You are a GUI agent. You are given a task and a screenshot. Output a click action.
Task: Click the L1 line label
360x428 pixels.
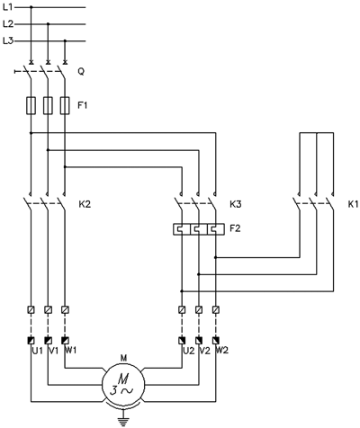[x=8, y=7]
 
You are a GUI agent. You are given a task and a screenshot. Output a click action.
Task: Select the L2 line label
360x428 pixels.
[x=8, y=23]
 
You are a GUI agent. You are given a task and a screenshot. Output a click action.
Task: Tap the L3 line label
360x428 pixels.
[x=8, y=40]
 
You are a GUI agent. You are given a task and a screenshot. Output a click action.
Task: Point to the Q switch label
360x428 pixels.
[x=81, y=72]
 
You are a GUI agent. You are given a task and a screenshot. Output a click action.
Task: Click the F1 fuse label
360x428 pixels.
[x=83, y=105]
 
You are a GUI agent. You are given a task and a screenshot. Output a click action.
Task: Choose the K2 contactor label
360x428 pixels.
[x=85, y=204]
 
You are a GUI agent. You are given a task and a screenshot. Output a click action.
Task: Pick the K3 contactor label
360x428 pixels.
[x=236, y=204]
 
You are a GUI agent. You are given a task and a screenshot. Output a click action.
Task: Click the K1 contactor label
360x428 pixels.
[x=353, y=204]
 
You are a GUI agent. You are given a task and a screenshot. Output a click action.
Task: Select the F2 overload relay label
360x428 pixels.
[x=235, y=228]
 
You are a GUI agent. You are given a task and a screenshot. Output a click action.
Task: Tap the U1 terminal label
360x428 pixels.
[x=38, y=351]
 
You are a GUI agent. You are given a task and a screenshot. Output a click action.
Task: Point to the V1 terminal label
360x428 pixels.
[x=53, y=351]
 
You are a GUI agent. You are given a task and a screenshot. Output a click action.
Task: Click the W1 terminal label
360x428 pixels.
[x=71, y=351]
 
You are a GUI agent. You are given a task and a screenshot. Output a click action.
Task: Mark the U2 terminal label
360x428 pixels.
[x=189, y=351]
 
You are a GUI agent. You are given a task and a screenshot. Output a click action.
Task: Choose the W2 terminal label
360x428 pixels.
[x=222, y=351]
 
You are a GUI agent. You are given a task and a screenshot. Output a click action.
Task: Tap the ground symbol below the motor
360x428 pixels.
[x=123, y=421]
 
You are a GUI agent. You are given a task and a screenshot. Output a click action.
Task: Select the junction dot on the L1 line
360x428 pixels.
[x=31, y=7]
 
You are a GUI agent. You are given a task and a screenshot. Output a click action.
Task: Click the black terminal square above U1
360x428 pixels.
[x=31, y=341]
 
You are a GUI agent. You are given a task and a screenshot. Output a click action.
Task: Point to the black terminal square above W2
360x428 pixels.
[x=216, y=341]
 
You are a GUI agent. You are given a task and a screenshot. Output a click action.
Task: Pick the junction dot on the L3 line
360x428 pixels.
[x=65, y=40]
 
